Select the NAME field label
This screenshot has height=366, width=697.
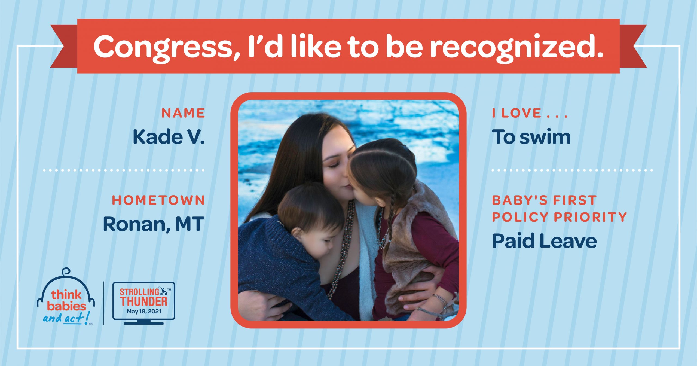click(183, 113)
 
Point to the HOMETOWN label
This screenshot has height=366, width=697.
click(158, 200)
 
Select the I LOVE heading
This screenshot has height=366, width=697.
click(530, 113)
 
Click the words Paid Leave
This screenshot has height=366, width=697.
click(544, 241)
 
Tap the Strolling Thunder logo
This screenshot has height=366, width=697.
click(144, 303)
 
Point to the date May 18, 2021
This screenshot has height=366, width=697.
click(144, 311)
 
